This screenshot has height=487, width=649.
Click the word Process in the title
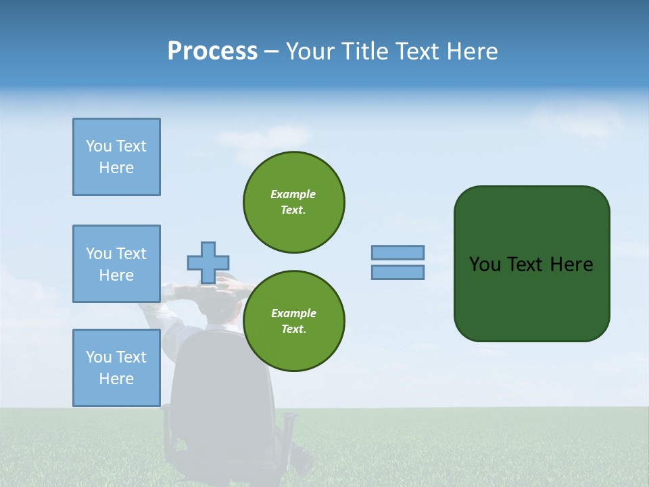(212, 51)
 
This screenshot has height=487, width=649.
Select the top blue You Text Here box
(116, 157)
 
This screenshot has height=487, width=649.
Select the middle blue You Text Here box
(116, 264)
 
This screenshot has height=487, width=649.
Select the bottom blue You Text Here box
(116, 368)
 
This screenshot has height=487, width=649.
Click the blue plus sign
(208, 262)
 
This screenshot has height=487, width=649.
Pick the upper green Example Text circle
(294, 202)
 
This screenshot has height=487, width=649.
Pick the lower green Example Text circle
(294, 321)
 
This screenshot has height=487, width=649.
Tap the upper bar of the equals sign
(398, 252)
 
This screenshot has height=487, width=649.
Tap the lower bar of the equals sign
(398, 272)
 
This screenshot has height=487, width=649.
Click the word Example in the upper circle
(293, 194)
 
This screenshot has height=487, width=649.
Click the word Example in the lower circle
(293, 313)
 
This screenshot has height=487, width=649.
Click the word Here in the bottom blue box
(116, 379)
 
